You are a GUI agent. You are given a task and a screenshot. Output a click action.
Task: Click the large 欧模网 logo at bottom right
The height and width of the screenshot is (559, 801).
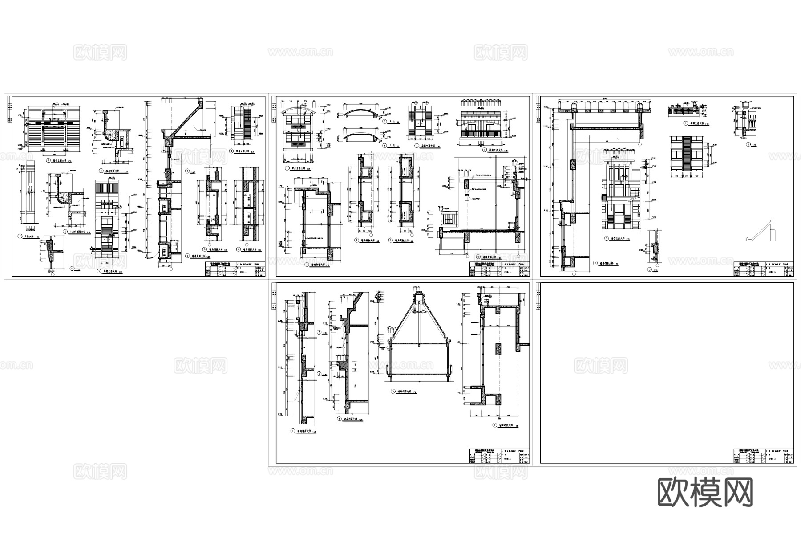tap(705, 492)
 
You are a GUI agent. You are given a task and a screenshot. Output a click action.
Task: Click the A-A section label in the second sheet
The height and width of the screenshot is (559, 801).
tap(392, 122)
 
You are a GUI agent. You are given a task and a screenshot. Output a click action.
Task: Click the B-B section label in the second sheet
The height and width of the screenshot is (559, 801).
tap(392, 146)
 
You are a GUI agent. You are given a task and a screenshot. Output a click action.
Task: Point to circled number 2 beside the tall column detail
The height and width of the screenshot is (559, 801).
tap(20, 236)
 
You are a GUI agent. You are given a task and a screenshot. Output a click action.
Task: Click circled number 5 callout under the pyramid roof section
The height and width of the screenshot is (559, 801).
tap(393, 392)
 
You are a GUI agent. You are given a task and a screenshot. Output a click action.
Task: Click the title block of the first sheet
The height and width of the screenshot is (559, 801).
tap(234, 269)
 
